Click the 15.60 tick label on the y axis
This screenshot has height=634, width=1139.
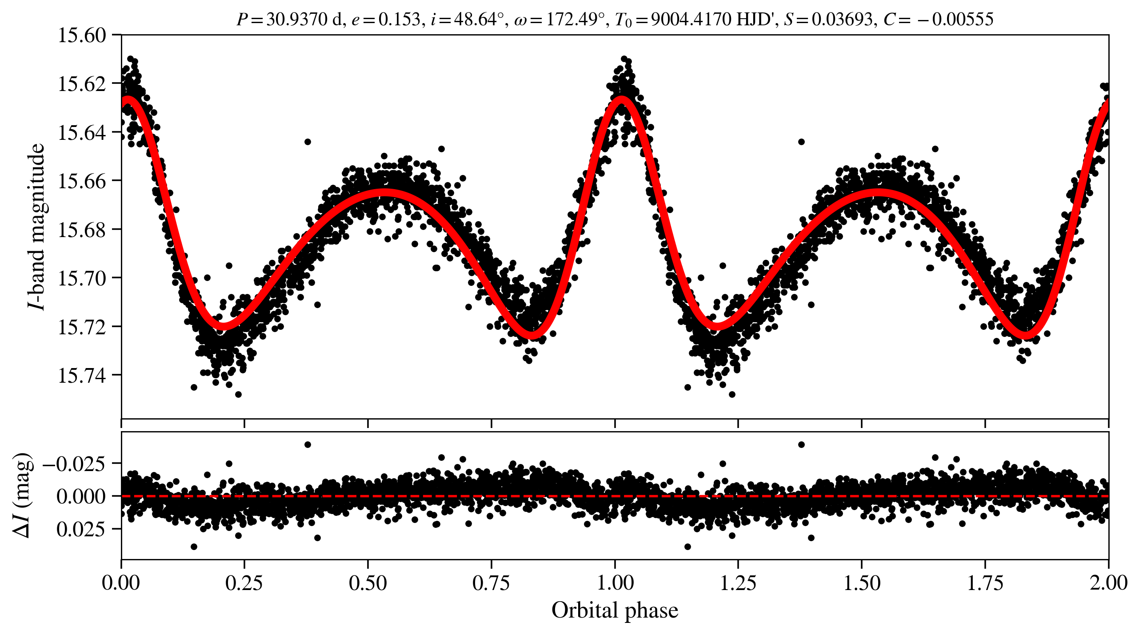(x=82, y=36)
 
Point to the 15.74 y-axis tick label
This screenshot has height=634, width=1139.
(x=82, y=376)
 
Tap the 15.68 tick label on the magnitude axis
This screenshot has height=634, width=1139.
(x=82, y=230)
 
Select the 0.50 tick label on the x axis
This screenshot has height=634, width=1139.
(x=368, y=583)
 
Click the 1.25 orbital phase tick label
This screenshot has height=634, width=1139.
(x=738, y=583)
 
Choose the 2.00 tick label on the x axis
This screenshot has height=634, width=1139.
(x=1108, y=583)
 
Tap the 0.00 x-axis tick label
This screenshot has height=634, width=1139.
(x=121, y=583)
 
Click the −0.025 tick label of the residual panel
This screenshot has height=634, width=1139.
(x=74, y=464)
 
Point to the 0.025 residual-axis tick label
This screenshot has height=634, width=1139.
(x=80, y=529)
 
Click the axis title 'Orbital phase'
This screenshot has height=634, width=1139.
(x=615, y=610)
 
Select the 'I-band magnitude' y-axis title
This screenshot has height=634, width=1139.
(x=36, y=226)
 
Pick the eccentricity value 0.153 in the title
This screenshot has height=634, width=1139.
(x=399, y=20)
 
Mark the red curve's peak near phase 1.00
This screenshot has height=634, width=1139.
(x=621, y=100)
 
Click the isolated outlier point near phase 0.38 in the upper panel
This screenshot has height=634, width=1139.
(x=308, y=142)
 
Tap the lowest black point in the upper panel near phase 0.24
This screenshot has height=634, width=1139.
(x=238, y=394)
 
